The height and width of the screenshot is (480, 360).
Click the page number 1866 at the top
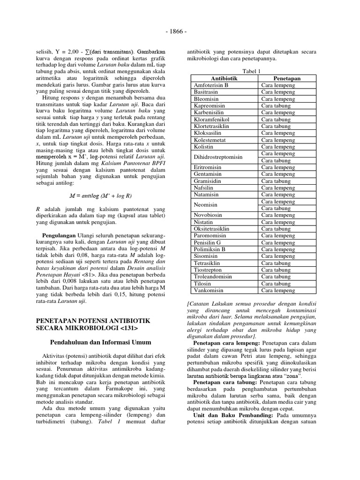(180, 31)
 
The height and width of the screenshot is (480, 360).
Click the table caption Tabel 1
(251, 71)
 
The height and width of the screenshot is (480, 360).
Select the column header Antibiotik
(225, 78)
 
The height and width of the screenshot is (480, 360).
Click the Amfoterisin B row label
(211, 85)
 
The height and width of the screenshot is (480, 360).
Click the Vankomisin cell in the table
(210, 290)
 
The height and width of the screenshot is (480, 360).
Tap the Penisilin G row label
(207, 242)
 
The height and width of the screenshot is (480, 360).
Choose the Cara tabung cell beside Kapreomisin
(276, 106)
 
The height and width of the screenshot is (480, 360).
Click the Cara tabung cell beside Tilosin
(276, 284)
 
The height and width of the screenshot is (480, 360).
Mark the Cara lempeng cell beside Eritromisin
(278, 167)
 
